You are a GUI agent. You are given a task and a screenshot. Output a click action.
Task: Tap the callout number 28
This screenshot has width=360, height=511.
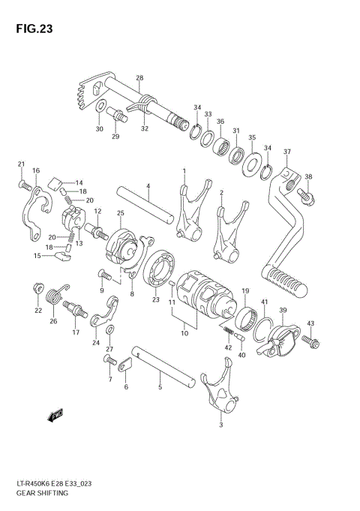point(139,78)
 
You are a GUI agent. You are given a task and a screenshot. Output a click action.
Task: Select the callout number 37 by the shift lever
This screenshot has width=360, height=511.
point(286,152)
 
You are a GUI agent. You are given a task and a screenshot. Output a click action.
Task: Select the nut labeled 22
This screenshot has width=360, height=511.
point(37,288)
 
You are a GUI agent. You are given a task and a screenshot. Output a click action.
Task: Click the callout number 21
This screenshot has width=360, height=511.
point(21,164)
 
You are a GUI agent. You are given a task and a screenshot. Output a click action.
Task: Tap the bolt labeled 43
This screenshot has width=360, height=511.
point(312,342)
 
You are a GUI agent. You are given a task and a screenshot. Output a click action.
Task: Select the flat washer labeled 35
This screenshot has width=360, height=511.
point(250,159)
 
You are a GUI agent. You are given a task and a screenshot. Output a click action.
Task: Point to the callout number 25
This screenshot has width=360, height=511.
point(119,214)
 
